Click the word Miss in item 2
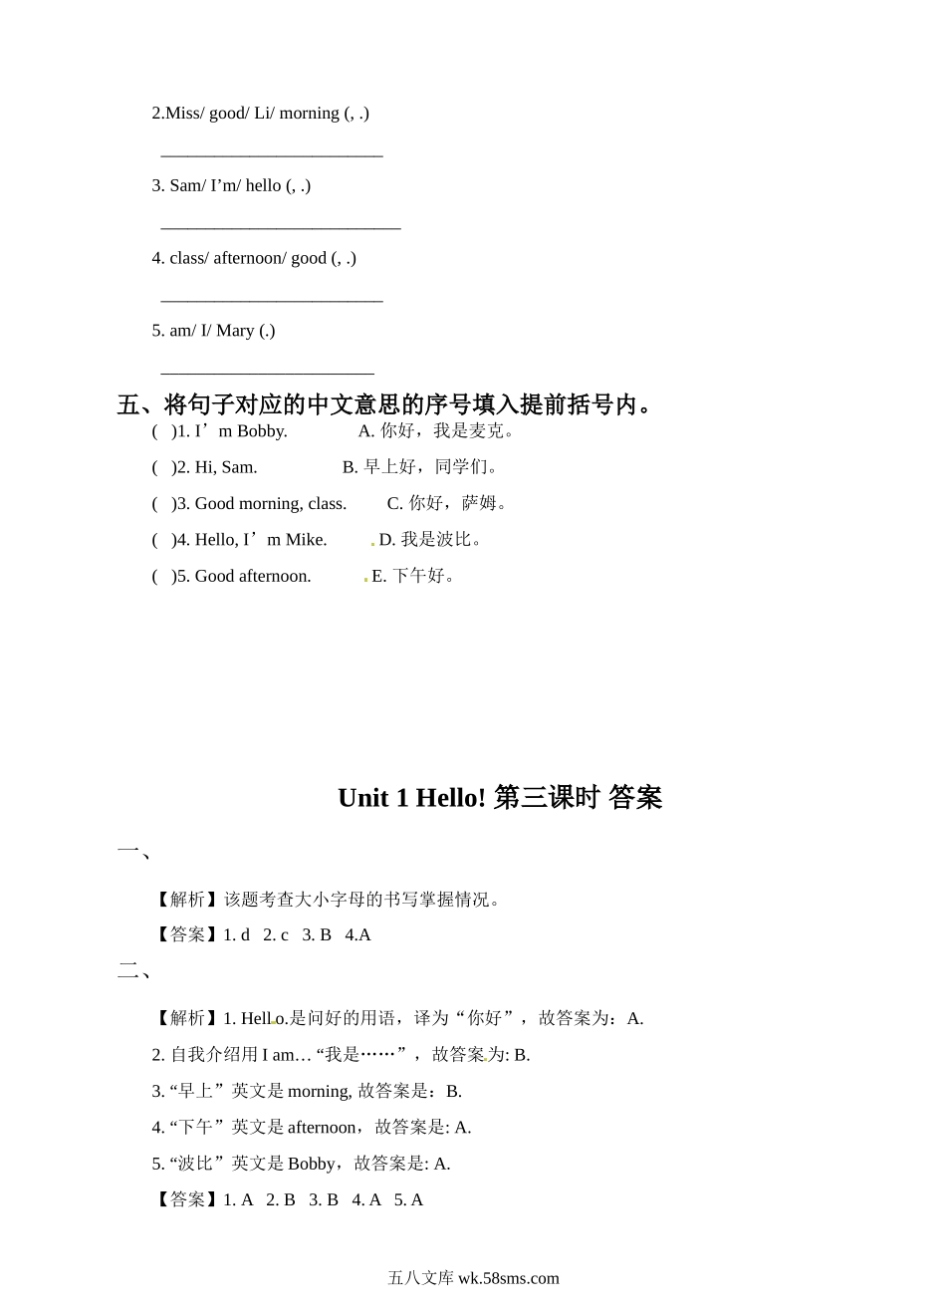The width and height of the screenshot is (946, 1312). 182,114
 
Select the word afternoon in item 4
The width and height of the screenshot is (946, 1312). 249,258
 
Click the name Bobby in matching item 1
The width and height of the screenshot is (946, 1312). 262,431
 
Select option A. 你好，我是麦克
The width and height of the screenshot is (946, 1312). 436,431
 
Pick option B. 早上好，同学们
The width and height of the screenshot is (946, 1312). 419,467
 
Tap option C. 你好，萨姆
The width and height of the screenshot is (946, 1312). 447,503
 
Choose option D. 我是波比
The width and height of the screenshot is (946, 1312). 430,540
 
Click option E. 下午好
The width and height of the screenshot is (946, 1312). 413,576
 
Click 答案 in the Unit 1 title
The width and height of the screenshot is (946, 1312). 634,798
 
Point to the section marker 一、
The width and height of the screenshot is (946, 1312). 133,852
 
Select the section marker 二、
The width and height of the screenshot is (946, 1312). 133,971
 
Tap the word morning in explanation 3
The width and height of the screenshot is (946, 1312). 319,1092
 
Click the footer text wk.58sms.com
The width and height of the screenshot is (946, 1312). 508,1278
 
